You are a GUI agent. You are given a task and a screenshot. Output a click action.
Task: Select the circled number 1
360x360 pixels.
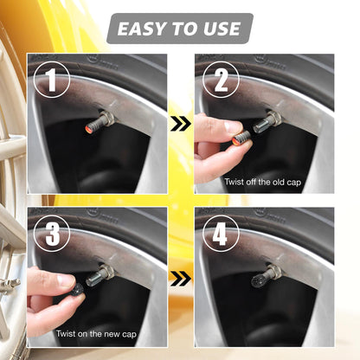tap(52, 80)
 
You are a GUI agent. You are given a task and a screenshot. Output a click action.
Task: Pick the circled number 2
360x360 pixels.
tap(220, 80)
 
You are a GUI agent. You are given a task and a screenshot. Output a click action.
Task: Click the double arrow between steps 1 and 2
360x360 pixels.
tap(180, 125)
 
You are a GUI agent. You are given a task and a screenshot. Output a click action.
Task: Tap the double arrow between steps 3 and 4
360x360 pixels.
tap(180, 279)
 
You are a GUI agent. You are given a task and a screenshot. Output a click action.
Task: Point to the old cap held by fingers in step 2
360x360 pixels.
tap(240, 133)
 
